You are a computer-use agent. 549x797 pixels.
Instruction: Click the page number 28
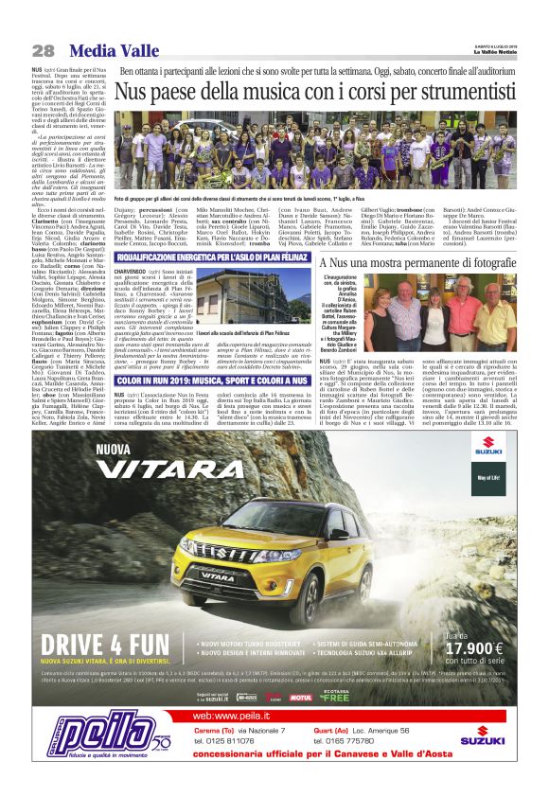click(43, 50)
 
